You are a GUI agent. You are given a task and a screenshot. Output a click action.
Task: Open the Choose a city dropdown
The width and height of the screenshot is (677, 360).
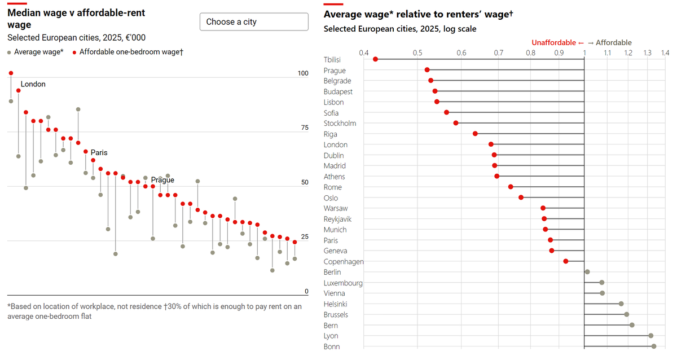(x=254, y=22)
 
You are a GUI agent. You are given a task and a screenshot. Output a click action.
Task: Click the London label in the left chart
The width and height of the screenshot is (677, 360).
(x=33, y=84)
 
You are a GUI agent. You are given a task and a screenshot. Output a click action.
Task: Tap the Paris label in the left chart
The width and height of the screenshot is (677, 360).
(x=99, y=152)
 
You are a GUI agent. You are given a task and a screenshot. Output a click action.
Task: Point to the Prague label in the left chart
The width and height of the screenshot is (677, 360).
(x=162, y=180)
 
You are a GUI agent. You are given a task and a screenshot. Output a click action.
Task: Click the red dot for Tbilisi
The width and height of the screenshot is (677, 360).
(x=376, y=59)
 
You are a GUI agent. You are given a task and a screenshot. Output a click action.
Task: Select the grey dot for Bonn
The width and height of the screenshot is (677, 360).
(x=654, y=346)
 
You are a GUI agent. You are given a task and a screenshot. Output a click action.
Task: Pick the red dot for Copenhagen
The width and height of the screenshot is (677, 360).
(x=566, y=261)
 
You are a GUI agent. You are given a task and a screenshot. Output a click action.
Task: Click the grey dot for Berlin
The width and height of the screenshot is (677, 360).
(x=587, y=272)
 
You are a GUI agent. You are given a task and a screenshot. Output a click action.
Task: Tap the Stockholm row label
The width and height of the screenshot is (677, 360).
(x=340, y=124)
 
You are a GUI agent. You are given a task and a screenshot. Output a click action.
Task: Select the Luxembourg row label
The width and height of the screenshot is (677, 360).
(x=343, y=283)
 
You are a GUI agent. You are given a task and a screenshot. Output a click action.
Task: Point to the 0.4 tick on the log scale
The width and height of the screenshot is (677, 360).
(x=364, y=53)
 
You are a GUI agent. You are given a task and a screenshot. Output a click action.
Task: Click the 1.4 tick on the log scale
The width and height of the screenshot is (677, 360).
(x=664, y=53)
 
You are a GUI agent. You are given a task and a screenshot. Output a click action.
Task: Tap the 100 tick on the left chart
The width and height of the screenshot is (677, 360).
(x=303, y=73)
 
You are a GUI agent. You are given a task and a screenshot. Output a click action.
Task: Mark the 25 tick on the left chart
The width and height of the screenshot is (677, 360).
(x=305, y=236)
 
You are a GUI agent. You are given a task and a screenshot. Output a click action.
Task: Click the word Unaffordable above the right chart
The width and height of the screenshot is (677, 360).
(x=553, y=43)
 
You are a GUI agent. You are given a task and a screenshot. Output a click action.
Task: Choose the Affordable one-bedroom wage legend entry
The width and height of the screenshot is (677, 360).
(x=131, y=52)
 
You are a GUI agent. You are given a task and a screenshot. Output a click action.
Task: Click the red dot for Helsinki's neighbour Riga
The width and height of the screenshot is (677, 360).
(x=475, y=134)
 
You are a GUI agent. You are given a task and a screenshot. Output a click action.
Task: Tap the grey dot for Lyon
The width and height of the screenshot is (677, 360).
(x=650, y=336)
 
